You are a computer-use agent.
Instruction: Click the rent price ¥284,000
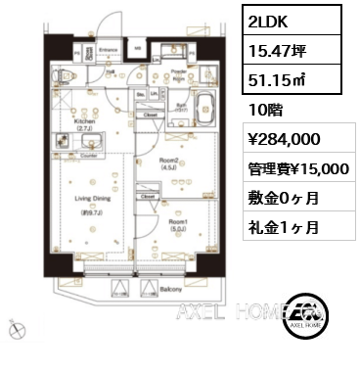285,138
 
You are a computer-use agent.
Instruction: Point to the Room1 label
178,226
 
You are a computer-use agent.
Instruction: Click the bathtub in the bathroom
182,105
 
